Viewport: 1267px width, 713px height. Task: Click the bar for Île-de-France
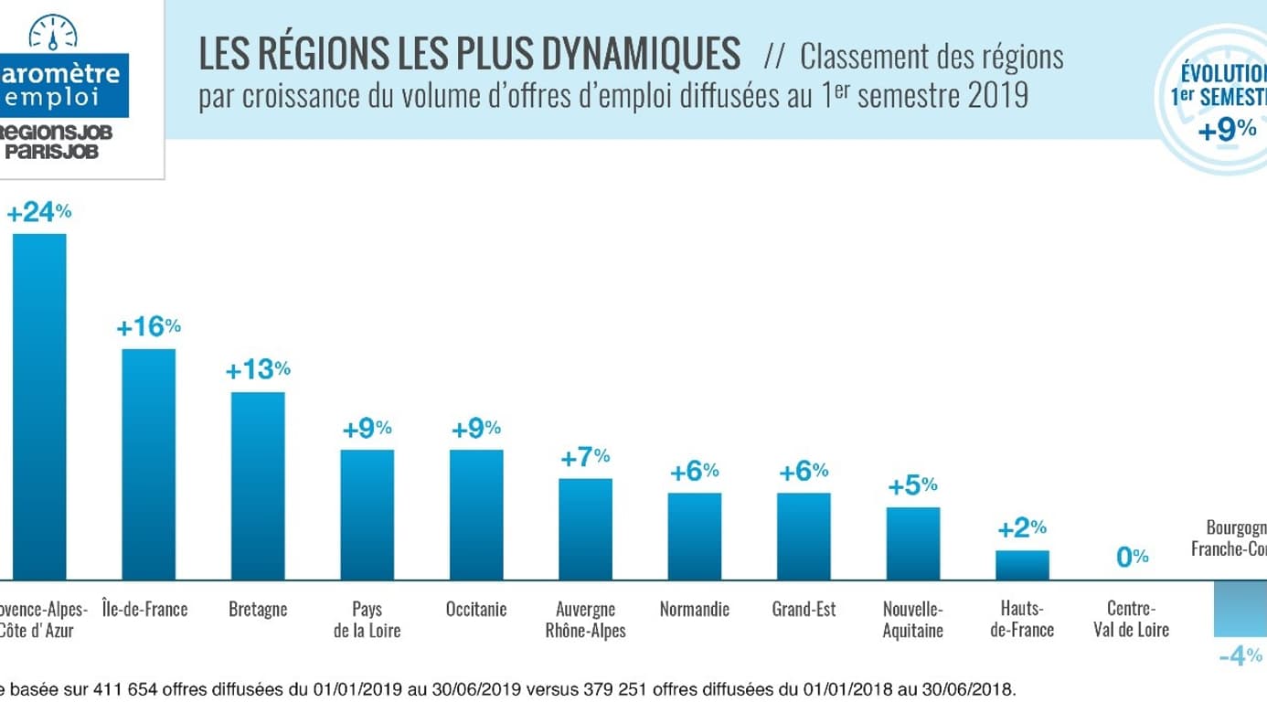[x=149, y=464]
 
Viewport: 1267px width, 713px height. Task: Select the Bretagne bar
[x=258, y=485]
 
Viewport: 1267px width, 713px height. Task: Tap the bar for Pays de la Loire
[x=367, y=515]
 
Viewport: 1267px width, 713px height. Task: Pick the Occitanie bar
[x=476, y=515]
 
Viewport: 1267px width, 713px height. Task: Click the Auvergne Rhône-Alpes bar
[x=585, y=529]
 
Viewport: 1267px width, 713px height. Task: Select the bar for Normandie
[x=694, y=537]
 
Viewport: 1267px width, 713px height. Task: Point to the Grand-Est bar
[x=804, y=537]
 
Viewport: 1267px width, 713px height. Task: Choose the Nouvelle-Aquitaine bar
[x=912, y=544]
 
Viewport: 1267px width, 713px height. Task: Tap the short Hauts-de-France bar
[x=1022, y=565]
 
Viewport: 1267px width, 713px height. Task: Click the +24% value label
[x=38, y=213]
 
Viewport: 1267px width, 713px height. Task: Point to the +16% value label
[x=148, y=327]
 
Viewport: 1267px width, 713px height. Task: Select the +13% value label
[x=258, y=370]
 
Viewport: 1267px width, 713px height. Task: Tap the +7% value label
[x=585, y=457]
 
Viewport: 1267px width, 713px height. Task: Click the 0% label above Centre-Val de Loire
[x=1133, y=557]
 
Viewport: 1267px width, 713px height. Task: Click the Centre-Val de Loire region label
[x=1132, y=619]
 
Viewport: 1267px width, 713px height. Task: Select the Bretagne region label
[x=258, y=609]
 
